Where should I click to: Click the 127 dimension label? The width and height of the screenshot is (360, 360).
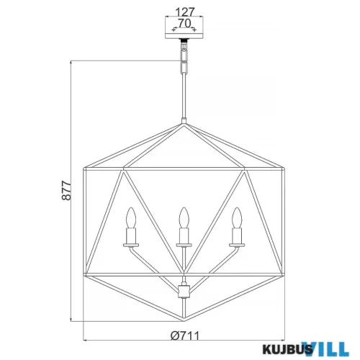point(184,12)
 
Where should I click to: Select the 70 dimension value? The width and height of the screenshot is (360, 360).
point(184,23)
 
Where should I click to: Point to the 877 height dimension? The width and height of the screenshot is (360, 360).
point(66,191)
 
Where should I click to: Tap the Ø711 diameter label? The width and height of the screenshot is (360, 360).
point(185,336)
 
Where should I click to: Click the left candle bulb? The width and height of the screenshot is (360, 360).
point(131,217)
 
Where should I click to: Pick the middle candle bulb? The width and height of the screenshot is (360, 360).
point(184,217)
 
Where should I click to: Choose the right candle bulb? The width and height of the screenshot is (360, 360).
point(237,217)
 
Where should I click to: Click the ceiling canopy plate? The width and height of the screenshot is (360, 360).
point(184,36)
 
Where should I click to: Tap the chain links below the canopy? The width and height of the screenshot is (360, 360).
point(184,61)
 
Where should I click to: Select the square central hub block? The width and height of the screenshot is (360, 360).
point(184,291)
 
